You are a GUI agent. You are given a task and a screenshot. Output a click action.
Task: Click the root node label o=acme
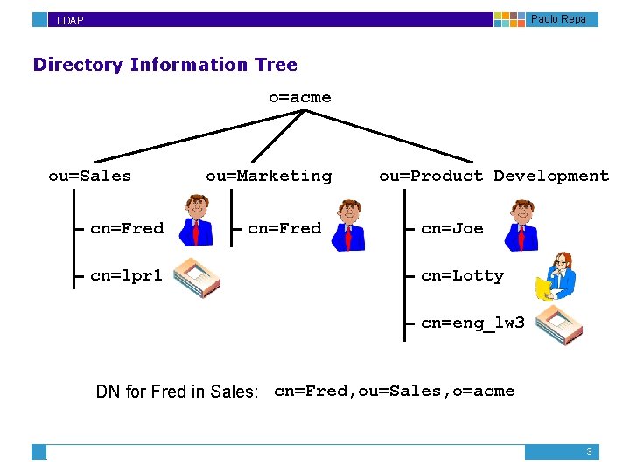coord(299,97)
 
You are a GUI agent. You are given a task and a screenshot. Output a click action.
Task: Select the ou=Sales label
coord(89,176)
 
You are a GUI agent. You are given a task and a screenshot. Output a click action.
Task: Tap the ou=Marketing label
coord(269,176)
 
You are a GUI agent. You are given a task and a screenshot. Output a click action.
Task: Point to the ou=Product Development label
coord(493,176)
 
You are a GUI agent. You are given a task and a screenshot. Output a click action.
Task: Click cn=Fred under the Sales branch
coord(127,228)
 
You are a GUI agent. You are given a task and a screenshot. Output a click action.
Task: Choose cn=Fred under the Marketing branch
coord(284,228)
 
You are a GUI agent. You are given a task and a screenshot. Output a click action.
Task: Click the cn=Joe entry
coord(451,228)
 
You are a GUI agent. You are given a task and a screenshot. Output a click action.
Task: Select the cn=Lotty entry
coord(462,275)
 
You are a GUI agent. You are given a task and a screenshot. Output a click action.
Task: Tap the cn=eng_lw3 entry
coord(472,323)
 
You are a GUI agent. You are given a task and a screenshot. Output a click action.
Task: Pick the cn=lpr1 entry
coord(126,275)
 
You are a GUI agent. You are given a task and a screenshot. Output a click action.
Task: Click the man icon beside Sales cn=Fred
coord(197,220)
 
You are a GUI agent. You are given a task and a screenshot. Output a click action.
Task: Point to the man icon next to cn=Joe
coord(522,225)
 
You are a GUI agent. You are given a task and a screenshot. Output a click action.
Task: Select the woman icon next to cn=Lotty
coord(557,275)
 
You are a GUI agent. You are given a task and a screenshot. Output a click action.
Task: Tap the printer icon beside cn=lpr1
coord(197,278)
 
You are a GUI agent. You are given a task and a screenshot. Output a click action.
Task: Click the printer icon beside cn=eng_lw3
coord(558,324)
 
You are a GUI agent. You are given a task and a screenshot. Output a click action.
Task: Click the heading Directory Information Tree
coord(164,65)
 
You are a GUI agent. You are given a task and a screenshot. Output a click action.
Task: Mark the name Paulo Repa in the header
coord(558,19)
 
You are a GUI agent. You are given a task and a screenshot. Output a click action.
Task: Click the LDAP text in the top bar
coord(70,20)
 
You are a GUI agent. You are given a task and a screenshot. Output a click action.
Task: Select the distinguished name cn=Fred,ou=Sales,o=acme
coord(394,391)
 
